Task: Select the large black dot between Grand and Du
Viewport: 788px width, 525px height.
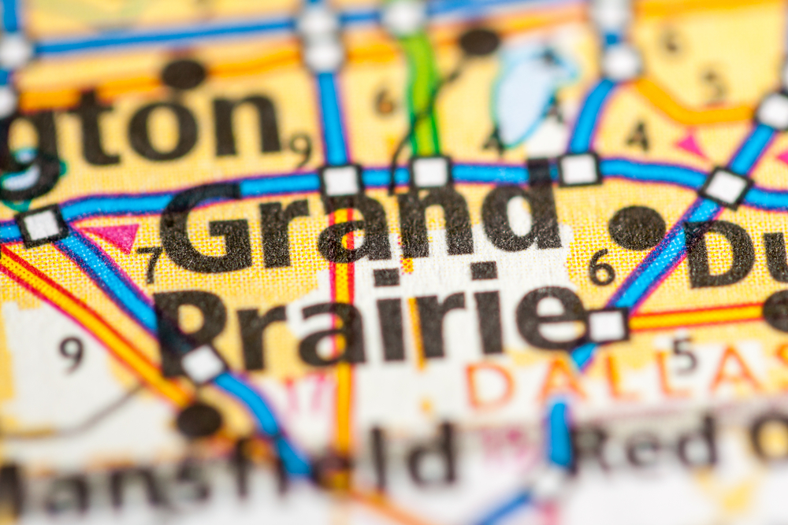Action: [637, 228]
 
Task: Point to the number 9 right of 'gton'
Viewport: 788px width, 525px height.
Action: [300, 146]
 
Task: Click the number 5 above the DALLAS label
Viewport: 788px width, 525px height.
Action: [683, 354]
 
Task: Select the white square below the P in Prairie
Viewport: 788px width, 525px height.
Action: [203, 364]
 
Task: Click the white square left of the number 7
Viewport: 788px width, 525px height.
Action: [42, 225]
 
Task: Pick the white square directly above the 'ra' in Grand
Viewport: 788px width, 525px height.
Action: [341, 181]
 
